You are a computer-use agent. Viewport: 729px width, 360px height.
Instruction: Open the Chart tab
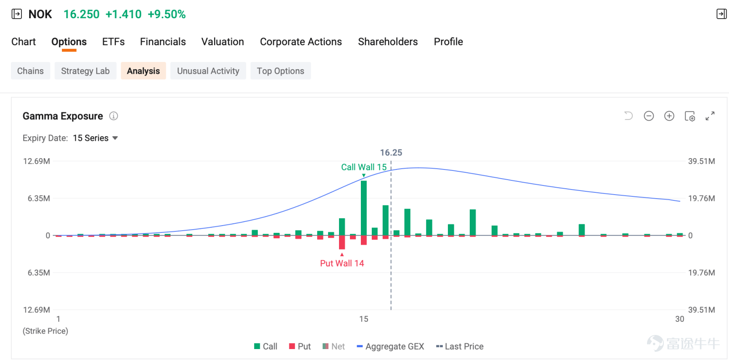pyautogui.click(x=23, y=41)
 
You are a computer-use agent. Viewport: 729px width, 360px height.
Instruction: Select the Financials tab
pyautogui.click(x=163, y=41)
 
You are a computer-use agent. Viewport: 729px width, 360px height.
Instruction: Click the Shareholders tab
pyautogui.click(x=388, y=41)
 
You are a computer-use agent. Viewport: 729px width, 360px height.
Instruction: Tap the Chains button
pyautogui.click(x=30, y=71)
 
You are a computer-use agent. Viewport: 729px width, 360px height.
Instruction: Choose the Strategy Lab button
pyautogui.click(x=85, y=71)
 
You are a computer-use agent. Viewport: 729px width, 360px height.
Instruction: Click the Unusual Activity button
pyautogui.click(x=208, y=71)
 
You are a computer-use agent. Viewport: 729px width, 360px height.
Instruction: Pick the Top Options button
pyautogui.click(x=281, y=71)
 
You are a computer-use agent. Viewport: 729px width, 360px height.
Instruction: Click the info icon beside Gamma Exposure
pyautogui.click(x=113, y=116)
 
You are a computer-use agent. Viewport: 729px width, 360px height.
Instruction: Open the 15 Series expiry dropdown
pyautogui.click(x=95, y=138)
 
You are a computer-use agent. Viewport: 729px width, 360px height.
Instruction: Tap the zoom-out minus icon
pyautogui.click(x=649, y=116)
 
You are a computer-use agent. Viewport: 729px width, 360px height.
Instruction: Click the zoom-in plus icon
pyautogui.click(x=669, y=116)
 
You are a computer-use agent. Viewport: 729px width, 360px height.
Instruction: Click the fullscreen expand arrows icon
pyautogui.click(x=710, y=116)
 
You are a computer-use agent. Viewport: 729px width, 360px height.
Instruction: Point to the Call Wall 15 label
pyautogui.click(x=364, y=167)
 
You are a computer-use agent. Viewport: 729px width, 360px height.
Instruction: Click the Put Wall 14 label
pyautogui.click(x=342, y=263)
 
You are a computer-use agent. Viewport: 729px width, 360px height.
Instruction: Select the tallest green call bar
pyautogui.click(x=364, y=208)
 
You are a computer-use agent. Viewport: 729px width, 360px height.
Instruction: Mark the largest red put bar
pyautogui.click(x=342, y=242)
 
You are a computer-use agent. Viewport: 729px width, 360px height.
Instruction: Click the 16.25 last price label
pyautogui.click(x=391, y=152)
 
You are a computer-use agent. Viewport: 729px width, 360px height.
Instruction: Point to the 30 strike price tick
pyautogui.click(x=679, y=319)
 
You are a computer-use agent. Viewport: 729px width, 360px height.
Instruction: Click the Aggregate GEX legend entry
pyautogui.click(x=390, y=346)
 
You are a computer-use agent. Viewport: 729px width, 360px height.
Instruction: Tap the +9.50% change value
pyautogui.click(x=167, y=14)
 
